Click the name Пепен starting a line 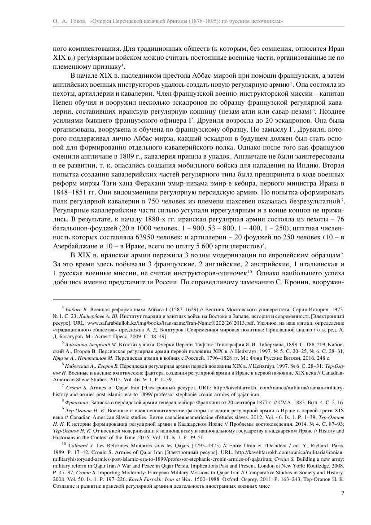(64, 101)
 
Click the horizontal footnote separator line (96, 299)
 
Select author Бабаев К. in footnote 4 (77, 310)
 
